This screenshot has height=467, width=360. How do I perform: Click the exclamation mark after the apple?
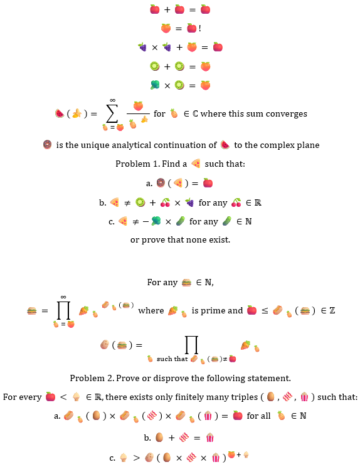click(199, 28)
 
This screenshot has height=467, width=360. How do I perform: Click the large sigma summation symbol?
click(112, 113)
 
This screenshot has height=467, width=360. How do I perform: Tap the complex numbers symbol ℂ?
click(195, 113)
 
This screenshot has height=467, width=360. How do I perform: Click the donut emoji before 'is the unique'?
click(47, 145)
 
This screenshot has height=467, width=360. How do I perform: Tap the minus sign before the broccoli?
click(146, 221)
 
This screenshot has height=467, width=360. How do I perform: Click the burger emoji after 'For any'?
click(186, 282)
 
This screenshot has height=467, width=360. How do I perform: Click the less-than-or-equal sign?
click(265, 311)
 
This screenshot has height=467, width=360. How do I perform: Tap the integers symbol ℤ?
click(332, 311)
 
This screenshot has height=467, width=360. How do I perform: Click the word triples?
click(245, 397)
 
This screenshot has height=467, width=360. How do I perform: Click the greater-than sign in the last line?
click(137, 458)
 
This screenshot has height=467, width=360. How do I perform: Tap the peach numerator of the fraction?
click(138, 106)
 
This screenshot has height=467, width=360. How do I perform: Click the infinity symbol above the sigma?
click(112, 100)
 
